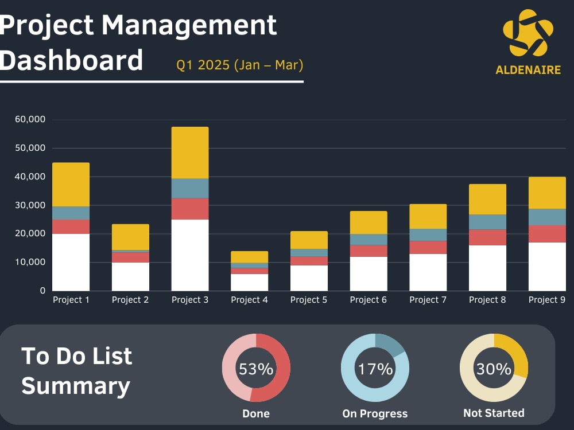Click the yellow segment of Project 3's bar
click(x=190, y=153)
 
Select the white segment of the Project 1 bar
click(x=71, y=262)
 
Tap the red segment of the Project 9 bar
click(x=547, y=234)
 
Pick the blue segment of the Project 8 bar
click(x=487, y=222)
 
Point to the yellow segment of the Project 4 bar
click(x=249, y=257)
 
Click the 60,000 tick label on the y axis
click(x=30, y=119)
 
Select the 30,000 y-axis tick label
click(x=30, y=205)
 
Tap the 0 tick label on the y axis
click(x=43, y=291)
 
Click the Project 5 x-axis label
click(x=309, y=300)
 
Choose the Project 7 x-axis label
click(x=428, y=300)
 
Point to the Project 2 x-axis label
click(x=130, y=300)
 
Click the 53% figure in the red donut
click(x=256, y=369)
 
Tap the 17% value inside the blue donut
click(x=375, y=369)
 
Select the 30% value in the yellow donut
click(x=494, y=369)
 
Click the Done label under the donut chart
click(x=256, y=413)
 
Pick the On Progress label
click(x=375, y=413)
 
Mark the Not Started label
click(x=494, y=413)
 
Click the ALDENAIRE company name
click(x=528, y=70)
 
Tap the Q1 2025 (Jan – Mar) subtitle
click(x=240, y=65)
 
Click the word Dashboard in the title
click(x=71, y=60)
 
